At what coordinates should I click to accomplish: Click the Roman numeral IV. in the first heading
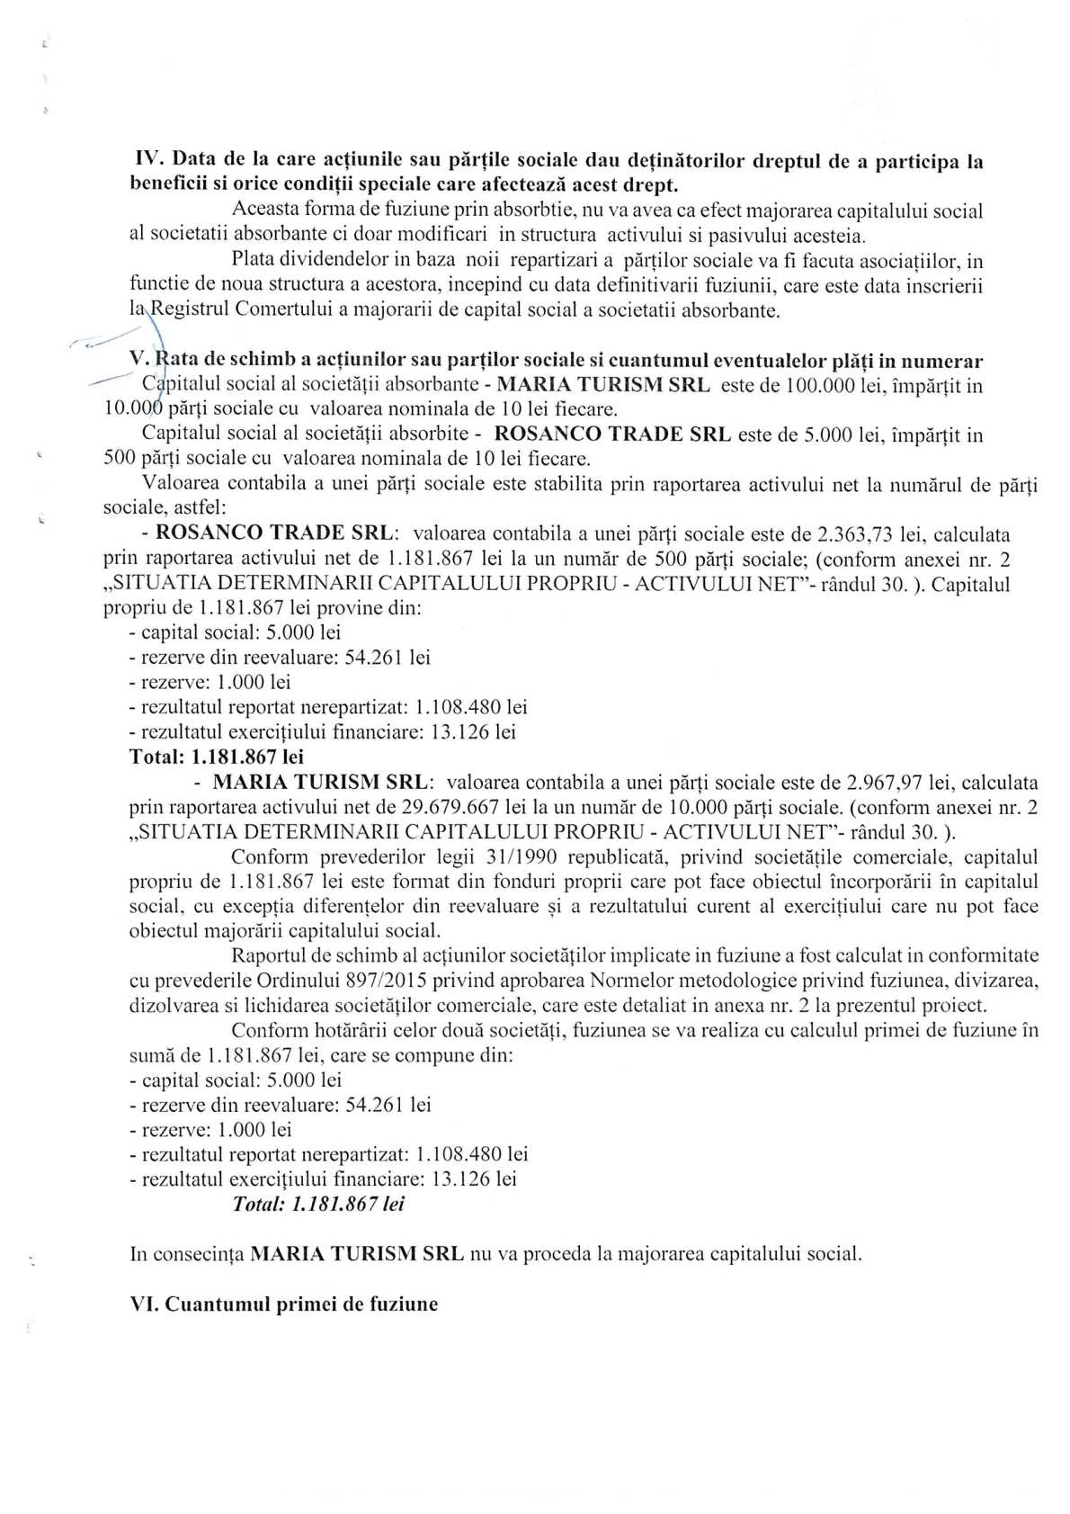pos(147,162)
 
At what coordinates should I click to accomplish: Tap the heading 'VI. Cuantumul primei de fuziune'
pos(284,1303)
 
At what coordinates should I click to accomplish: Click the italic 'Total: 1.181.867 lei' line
pos(318,1204)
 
